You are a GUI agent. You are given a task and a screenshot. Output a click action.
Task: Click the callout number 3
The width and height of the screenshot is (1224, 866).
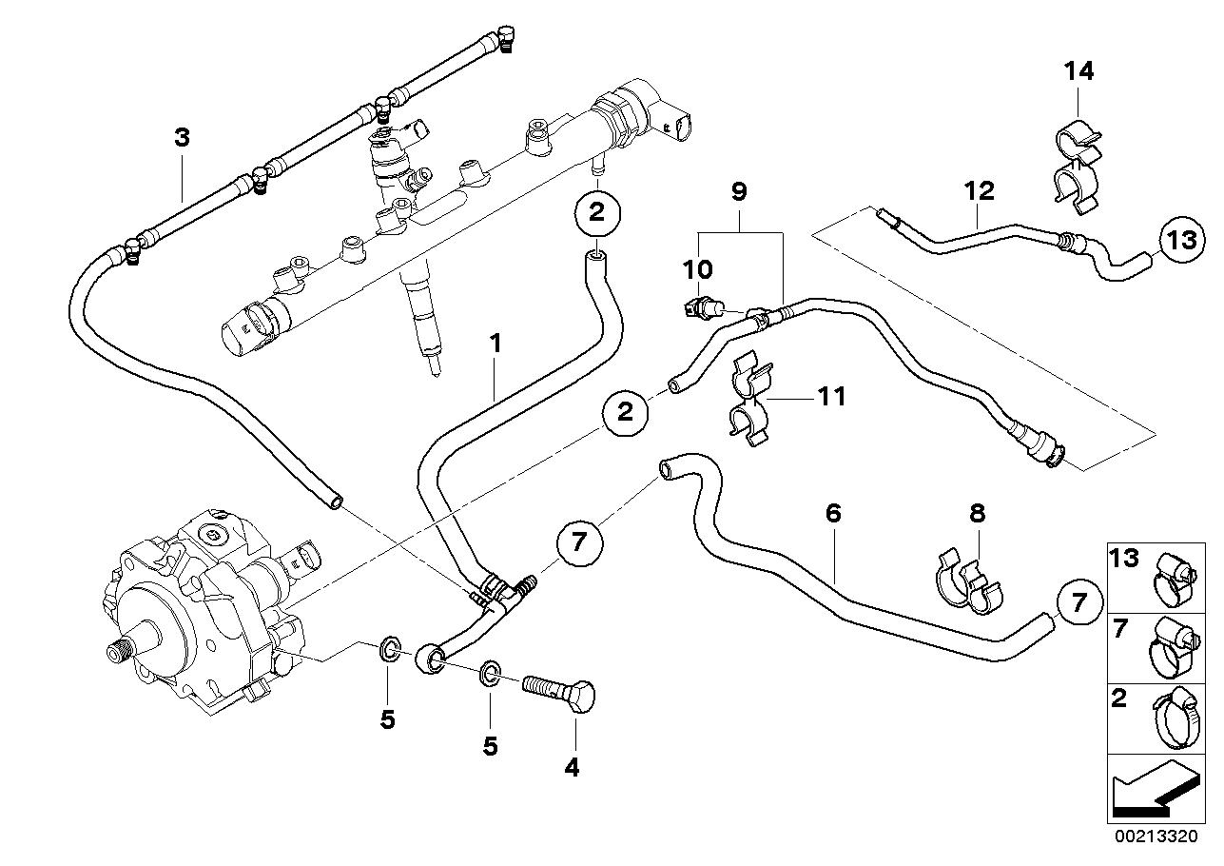182,137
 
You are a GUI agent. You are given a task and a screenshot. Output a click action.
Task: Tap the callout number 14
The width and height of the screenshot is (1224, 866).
1078,70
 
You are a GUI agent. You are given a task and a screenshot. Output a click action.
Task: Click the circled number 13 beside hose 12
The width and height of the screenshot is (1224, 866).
1181,239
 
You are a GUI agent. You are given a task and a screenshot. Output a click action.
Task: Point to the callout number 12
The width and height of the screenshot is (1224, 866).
979,190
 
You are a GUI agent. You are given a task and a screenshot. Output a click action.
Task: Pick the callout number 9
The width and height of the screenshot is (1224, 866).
739,191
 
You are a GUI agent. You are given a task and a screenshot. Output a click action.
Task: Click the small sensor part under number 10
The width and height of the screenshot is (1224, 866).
701,306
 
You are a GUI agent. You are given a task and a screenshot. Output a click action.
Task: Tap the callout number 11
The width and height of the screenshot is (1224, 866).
831,395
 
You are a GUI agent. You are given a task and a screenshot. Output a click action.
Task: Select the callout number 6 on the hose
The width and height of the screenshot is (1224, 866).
833,514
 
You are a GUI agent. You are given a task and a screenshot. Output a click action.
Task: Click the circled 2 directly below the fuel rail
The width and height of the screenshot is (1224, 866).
596,212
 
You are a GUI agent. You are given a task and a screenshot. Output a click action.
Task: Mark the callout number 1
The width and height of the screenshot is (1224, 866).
495,343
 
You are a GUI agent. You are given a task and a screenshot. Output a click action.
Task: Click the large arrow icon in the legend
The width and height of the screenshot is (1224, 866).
1154,791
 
